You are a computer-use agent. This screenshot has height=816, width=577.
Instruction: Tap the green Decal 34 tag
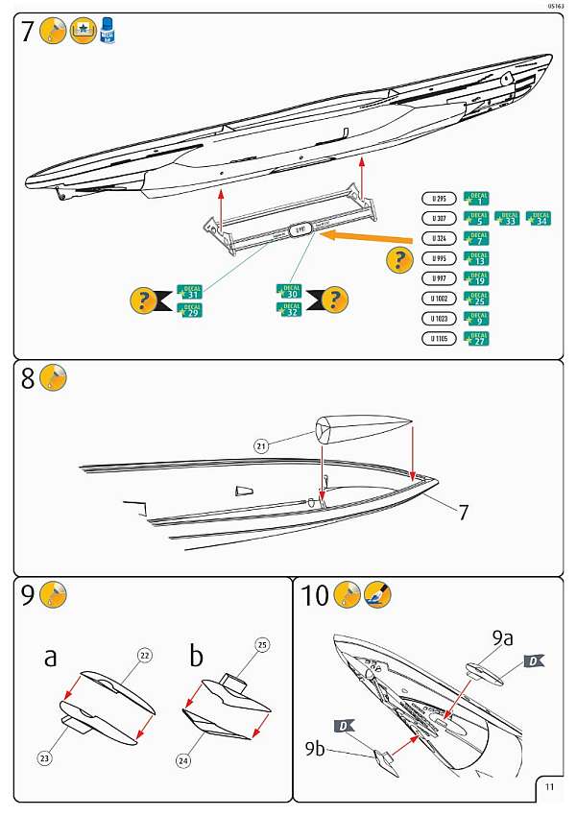point(539,218)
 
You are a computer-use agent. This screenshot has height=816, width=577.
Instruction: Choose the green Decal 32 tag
point(288,309)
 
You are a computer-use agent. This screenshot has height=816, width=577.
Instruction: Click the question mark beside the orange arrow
point(400,259)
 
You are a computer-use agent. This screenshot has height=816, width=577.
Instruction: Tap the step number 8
point(28,379)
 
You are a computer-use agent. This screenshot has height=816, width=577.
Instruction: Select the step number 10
point(315,596)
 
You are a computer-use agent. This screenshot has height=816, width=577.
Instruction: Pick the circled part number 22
point(145,656)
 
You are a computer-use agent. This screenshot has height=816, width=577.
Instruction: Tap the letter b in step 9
point(197,657)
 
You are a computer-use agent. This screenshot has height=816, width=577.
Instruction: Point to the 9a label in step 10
point(503,637)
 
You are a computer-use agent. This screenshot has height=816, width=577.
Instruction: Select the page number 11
point(548,786)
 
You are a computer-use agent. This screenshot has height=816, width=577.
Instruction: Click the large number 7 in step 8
point(463,512)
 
